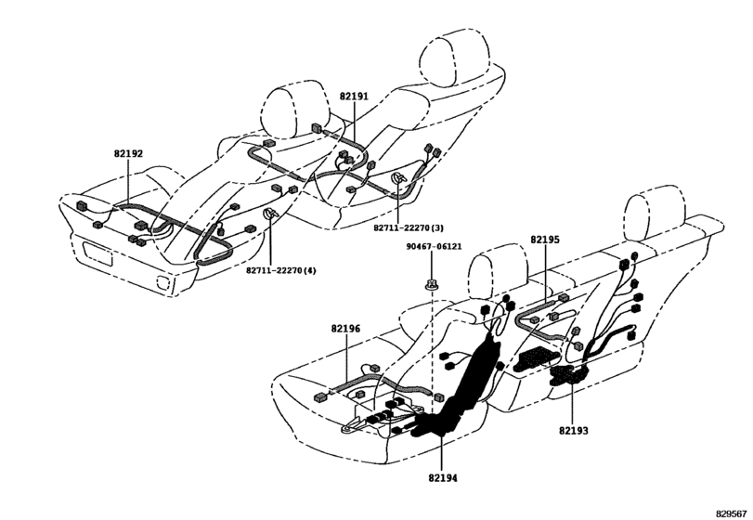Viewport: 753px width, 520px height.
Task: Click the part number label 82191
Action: click(354, 96)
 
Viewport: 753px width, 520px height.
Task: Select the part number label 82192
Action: click(128, 153)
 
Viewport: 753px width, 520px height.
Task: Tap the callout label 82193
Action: click(574, 430)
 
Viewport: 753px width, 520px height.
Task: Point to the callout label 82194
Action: click(443, 477)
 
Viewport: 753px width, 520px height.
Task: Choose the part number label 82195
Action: click(545, 240)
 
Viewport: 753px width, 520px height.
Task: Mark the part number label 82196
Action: click(345, 329)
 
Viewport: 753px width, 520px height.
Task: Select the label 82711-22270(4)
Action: click(281, 270)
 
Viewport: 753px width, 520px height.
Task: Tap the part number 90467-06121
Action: click(435, 246)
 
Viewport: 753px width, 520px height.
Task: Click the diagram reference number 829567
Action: click(732, 513)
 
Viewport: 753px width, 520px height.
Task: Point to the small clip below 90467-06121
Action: click(431, 286)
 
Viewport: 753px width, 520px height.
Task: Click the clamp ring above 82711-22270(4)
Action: click(270, 214)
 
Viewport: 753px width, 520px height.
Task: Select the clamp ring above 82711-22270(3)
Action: click(398, 178)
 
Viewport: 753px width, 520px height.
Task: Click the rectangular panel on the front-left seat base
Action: click(97, 253)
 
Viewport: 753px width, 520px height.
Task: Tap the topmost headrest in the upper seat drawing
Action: click(454, 57)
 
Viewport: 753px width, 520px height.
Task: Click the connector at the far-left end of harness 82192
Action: click(82, 207)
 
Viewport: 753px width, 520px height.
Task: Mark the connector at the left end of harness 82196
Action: click(319, 397)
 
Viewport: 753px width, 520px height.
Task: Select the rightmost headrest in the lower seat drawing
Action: click(655, 216)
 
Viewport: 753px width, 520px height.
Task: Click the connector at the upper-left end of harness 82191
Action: click(318, 128)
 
